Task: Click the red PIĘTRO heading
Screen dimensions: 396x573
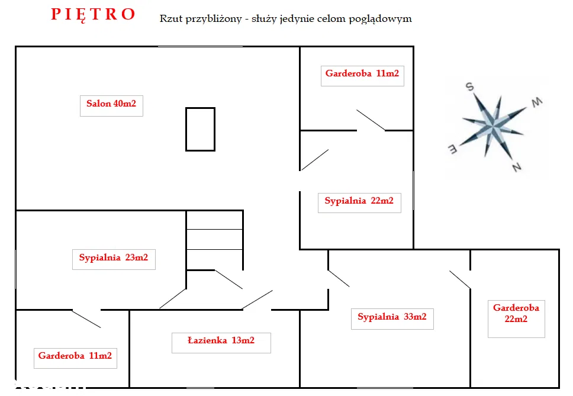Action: pyautogui.click(x=94, y=14)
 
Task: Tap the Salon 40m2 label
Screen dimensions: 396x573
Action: pyautogui.click(x=111, y=104)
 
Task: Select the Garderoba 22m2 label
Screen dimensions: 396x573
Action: pyautogui.click(x=516, y=313)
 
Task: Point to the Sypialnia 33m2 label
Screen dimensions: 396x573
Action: pyautogui.click(x=392, y=317)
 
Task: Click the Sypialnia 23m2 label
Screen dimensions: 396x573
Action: pyautogui.click(x=114, y=257)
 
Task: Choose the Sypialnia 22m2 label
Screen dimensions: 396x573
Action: pyautogui.click(x=359, y=201)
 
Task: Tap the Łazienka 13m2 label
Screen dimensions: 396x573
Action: pyautogui.click(x=221, y=340)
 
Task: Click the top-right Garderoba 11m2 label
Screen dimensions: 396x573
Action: pyautogui.click(x=362, y=74)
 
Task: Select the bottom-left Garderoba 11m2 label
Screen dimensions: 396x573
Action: pyautogui.click(x=75, y=356)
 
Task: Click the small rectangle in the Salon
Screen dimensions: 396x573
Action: pyautogui.click(x=200, y=129)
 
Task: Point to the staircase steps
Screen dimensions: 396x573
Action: pyautogui.click(x=214, y=240)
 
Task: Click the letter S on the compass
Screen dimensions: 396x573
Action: pyautogui.click(x=470, y=87)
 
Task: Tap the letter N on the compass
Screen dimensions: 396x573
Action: pyautogui.click(x=516, y=168)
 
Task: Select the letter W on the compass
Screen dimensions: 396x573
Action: pyautogui.click(x=537, y=103)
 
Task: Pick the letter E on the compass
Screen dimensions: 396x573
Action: pyautogui.click(x=451, y=149)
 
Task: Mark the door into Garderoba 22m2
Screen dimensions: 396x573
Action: pyautogui.click(x=460, y=279)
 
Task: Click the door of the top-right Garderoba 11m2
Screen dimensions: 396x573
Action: pyautogui.click(x=371, y=120)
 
